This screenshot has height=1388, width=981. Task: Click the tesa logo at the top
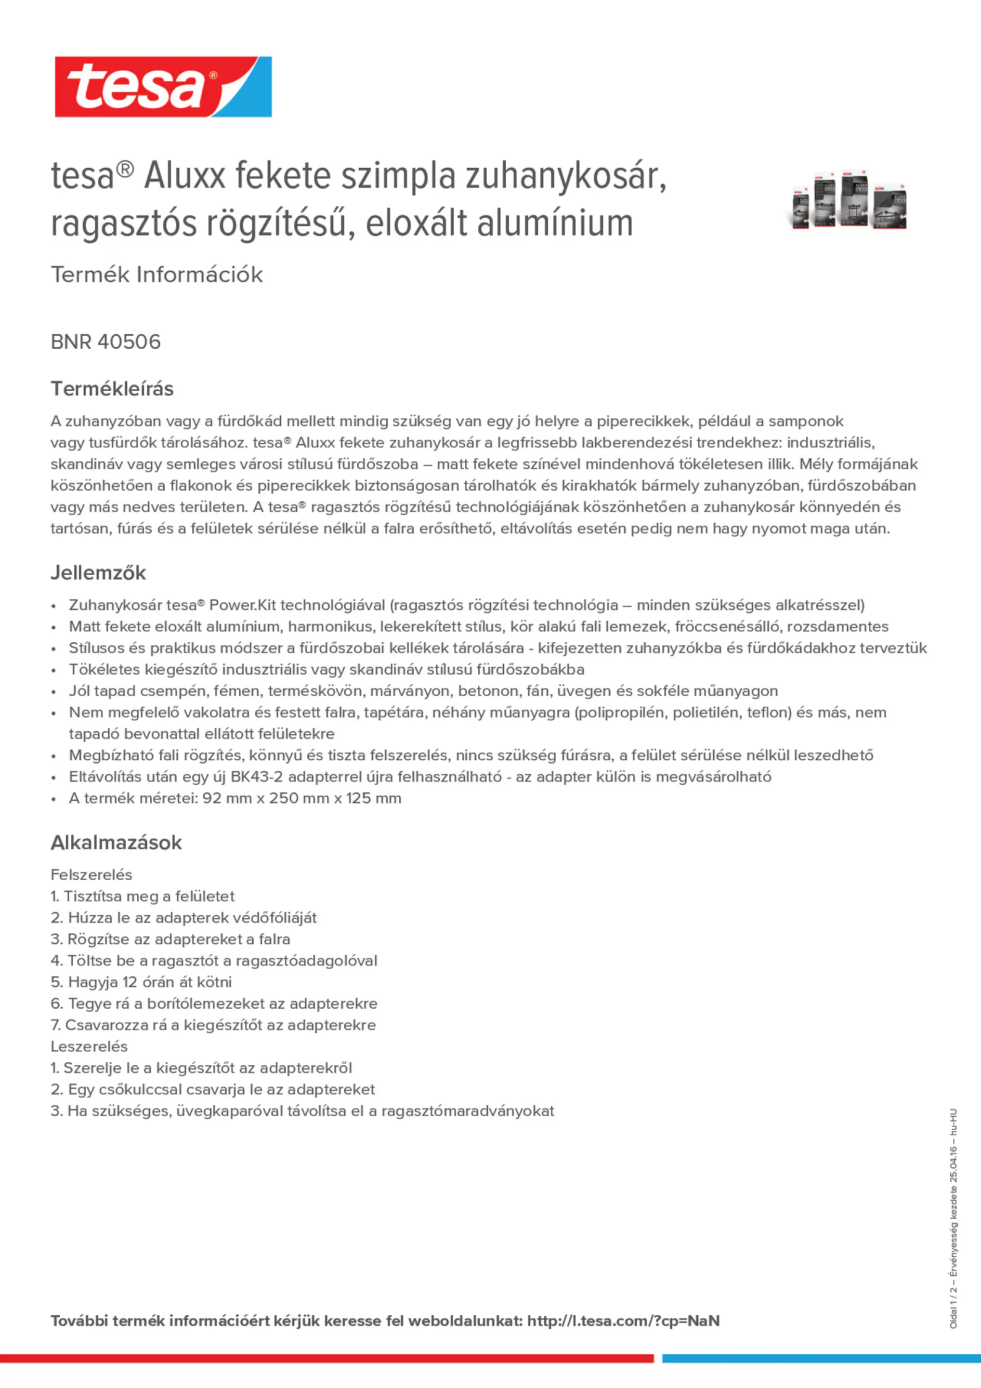(x=163, y=87)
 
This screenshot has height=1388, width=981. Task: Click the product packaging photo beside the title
(x=849, y=200)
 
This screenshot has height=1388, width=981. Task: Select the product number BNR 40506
(x=106, y=342)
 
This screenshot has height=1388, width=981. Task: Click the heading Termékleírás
(x=112, y=389)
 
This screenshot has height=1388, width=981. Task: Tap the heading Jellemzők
(x=98, y=573)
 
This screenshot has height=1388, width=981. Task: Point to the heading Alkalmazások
(x=116, y=842)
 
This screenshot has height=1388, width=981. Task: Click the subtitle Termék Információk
(x=156, y=274)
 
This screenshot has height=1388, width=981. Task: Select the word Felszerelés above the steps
(x=91, y=875)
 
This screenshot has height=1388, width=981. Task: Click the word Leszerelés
(x=89, y=1047)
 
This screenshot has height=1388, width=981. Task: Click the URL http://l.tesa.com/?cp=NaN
(x=623, y=1321)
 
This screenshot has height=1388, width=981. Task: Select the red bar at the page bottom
(x=326, y=1358)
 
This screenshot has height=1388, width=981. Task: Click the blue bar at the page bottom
(x=821, y=1358)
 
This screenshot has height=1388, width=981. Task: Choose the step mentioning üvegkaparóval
(x=303, y=1111)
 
